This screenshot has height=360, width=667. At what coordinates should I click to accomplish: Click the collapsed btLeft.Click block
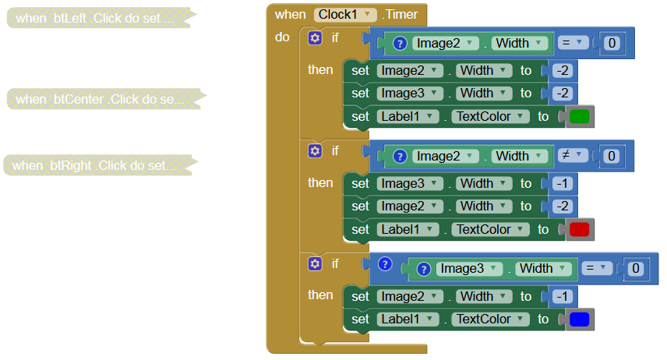coord(94,18)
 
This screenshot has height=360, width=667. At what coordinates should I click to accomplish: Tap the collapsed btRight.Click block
coord(94,165)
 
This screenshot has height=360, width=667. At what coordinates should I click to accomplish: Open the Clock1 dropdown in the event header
coord(346,14)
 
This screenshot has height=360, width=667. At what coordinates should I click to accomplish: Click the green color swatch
coord(579,117)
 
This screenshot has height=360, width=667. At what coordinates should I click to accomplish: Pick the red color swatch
coord(579,230)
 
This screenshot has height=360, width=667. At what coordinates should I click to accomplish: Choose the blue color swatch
coord(579,319)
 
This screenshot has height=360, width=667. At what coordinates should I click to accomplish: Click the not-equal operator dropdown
coord(572,156)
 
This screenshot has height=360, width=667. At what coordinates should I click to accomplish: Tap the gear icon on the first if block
coord(315,37)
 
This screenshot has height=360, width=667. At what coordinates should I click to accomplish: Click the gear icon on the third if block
coord(315,263)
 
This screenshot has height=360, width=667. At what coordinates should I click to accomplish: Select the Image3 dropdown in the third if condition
coord(468,269)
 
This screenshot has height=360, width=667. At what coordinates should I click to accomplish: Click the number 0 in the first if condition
coord(611,44)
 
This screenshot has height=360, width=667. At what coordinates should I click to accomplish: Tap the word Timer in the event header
coord(401,14)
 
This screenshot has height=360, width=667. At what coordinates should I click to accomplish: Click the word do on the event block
coord(282,37)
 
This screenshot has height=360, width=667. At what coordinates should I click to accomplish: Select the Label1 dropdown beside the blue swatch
coord(408,319)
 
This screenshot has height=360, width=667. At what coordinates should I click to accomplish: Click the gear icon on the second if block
coord(315,150)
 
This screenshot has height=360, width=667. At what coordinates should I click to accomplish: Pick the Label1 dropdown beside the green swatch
coord(408,117)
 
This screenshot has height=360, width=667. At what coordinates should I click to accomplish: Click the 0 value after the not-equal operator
coord(611,157)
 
